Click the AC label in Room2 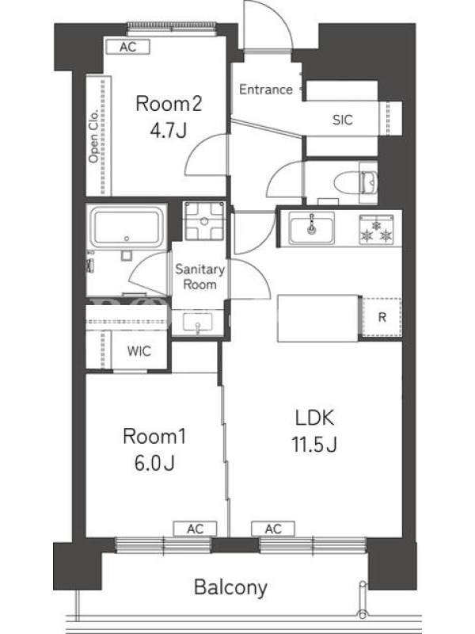pos(128,47)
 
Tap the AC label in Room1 pos(195,529)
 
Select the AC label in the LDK pos(273,529)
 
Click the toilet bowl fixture pos(355,182)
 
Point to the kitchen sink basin pos(311,228)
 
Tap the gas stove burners pos(377,230)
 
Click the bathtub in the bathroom pos(127,227)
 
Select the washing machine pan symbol pos(204,221)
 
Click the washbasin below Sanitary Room pos(197,323)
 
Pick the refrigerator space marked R pos(382,317)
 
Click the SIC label pos(343,120)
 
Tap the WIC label pos(139,351)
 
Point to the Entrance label pos(266,90)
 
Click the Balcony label pos(230,588)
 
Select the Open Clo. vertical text pos(93,135)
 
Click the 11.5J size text pos(314,445)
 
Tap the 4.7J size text pos(169,130)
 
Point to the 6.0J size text pos(154,463)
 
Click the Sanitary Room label pos(200,277)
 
